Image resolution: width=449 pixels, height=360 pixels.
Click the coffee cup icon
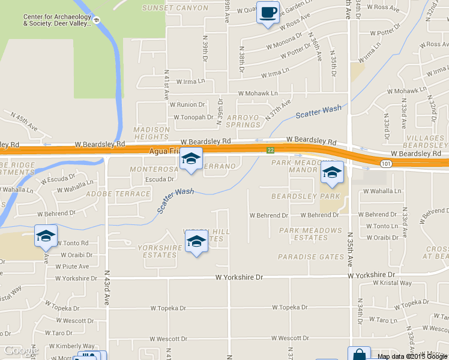point(268,12)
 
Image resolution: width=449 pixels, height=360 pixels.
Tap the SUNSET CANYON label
point(175,8)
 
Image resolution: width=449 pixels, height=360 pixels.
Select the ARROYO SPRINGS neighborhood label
point(243,121)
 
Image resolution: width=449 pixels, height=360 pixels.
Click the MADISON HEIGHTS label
point(152,133)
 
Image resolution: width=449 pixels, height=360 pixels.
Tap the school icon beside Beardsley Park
point(332,172)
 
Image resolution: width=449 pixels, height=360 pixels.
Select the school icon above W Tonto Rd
point(46,236)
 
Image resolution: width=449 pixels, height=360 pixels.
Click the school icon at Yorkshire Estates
point(196,241)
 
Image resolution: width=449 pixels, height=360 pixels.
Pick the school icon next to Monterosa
point(191,158)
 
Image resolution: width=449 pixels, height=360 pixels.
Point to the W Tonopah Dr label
point(193,117)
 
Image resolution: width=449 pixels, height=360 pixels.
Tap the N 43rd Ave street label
point(106,288)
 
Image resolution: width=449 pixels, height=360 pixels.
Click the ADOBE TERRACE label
point(118,194)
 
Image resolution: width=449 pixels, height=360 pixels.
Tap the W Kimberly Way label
point(72,346)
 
